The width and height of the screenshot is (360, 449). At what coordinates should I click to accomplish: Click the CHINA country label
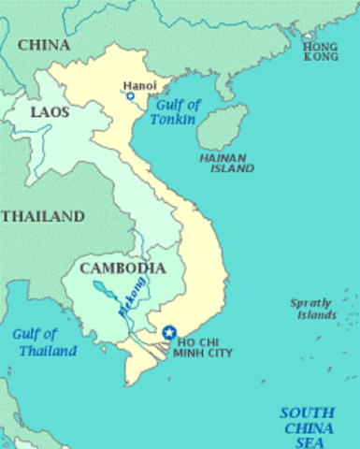[43, 44]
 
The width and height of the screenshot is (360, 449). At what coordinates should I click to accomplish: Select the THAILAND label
[42, 216]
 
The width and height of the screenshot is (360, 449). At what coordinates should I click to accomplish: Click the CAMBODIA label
[117, 268]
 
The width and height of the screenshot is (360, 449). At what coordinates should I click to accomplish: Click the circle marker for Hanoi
[130, 96]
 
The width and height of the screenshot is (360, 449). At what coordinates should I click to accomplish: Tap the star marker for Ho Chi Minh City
[169, 331]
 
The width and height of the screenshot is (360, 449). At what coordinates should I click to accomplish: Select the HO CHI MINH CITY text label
[203, 347]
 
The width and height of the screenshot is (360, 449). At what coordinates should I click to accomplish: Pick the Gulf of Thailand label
[44, 343]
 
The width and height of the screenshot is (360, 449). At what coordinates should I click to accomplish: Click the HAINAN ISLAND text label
[226, 164]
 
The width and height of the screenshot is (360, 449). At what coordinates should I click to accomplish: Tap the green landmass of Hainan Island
[223, 126]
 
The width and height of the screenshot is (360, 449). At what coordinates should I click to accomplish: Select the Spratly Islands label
[313, 308]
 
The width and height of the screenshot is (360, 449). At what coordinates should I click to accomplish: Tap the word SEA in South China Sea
[309, 442]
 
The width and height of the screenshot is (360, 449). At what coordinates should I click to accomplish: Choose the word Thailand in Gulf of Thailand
[46, 352]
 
